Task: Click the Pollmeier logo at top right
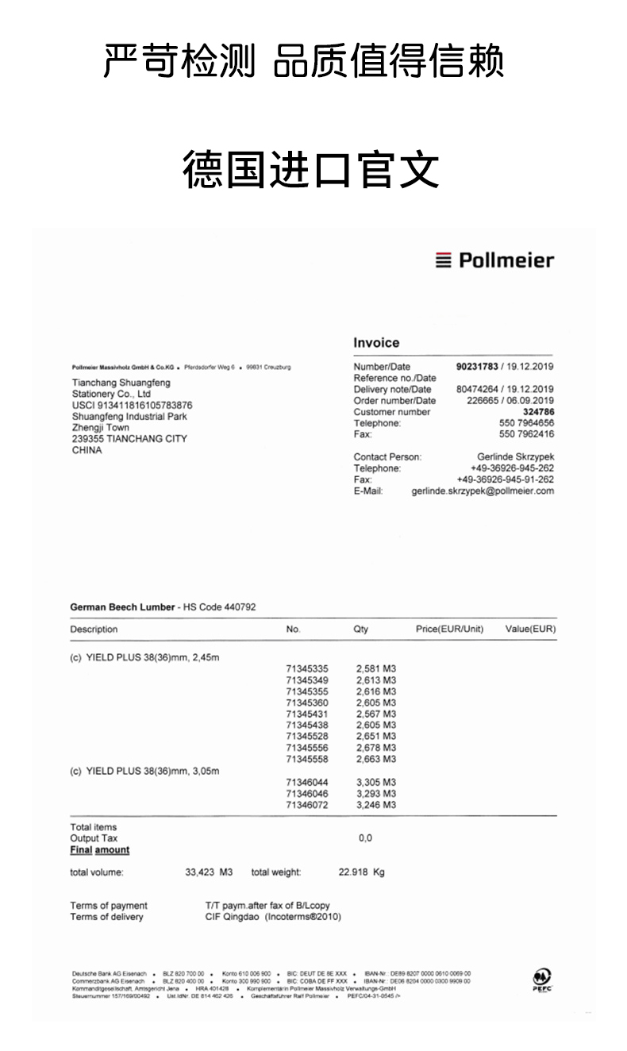494,260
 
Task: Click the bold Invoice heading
376,343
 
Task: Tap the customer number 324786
538,412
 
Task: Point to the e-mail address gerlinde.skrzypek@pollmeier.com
483,491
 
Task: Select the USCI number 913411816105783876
132,405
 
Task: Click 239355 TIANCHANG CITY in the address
129,439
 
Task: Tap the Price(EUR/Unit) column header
449,629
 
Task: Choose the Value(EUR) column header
530,629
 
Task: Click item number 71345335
307,669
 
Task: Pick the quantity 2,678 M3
376,748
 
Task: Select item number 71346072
307,805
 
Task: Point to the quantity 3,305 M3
376,782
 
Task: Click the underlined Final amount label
100,850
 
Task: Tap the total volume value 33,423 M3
209,872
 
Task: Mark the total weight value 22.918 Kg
361,872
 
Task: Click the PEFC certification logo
544,980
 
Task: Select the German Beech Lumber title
122,607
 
